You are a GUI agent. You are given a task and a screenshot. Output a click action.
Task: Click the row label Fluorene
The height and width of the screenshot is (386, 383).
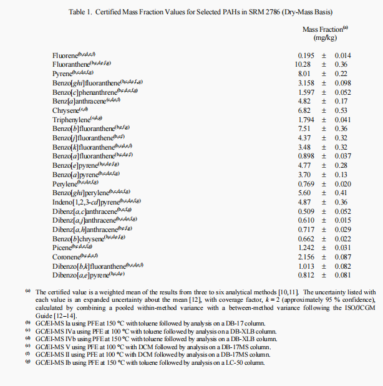point(65,55)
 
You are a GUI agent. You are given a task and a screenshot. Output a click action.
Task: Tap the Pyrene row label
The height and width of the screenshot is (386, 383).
point(62,74)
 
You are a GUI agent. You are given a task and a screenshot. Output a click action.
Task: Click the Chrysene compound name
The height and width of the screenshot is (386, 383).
point(65,110)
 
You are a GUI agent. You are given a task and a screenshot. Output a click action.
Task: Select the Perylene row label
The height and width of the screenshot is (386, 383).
point(65,183)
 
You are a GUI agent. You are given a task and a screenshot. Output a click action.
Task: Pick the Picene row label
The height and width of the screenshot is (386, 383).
point(62,248)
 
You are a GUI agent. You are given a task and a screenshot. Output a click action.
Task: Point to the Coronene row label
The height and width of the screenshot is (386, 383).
point(66,256)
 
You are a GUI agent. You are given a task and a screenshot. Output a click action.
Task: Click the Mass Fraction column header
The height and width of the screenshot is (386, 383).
point(322,29)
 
